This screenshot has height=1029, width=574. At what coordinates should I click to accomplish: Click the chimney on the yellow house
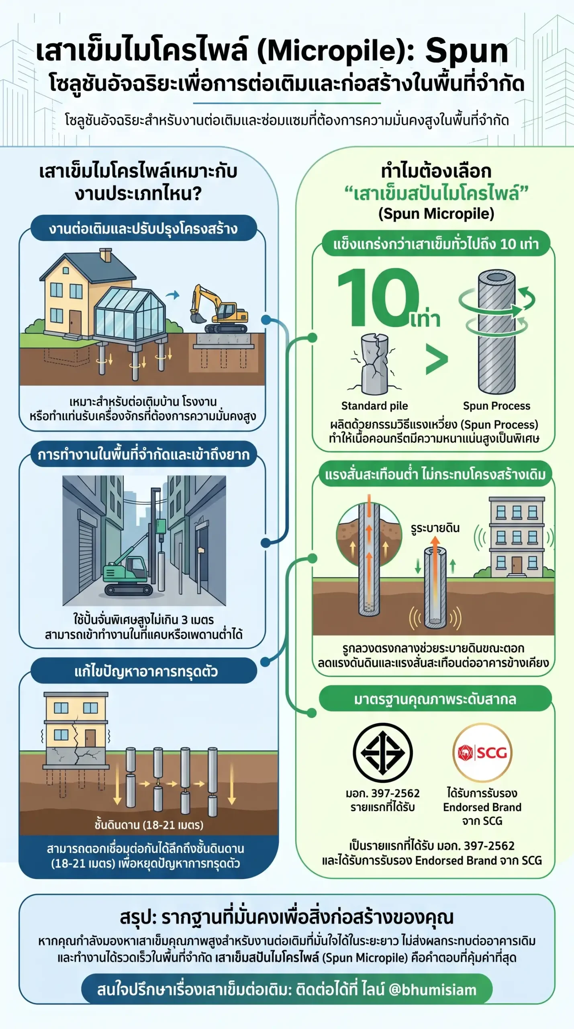click(x=105, y=255)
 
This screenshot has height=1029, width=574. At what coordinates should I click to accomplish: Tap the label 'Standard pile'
click(x=374, y=406)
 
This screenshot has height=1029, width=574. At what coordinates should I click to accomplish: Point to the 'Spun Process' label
click(x=496, y=406)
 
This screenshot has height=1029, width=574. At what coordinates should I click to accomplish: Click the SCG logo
click(x=482, y=752)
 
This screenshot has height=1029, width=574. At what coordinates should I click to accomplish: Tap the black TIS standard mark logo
click(x=383, y=752)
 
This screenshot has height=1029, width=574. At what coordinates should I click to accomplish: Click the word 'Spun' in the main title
click(x=467, y=51)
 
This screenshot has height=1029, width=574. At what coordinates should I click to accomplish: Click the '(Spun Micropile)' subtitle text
click(x=436, y=214)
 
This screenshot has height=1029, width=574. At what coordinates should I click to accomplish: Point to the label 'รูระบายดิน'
click(x=435, y=528)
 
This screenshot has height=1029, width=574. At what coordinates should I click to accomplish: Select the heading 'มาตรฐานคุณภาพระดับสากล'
click(x=435, y=699)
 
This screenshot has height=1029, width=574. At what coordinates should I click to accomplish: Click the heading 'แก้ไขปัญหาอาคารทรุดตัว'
click(x=146, y=671)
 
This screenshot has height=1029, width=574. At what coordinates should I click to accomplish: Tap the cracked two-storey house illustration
click(x=76, y=730)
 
